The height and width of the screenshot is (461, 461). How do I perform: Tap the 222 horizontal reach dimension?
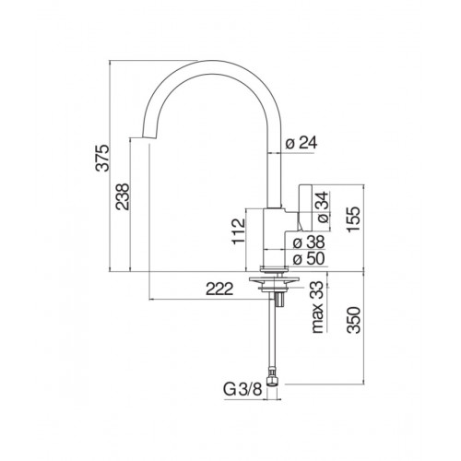pyautogui.click(x=217, y=290)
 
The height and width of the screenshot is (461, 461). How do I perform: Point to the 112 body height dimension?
pyautogui.click(x=238, y=230)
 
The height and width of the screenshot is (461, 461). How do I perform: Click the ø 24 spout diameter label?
pyautogui.click(x=301, y=143)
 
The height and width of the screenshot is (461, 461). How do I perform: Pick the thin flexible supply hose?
pyautogui.click(x=274, y=337)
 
